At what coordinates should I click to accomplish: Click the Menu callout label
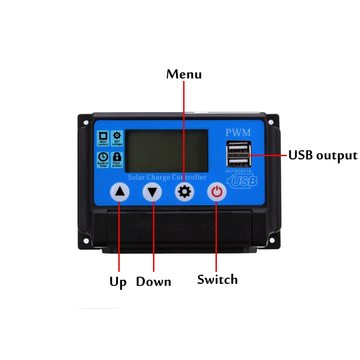pos(184,74)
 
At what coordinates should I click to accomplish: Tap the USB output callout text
pos(323,156)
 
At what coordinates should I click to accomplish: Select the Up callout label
pos(118,282)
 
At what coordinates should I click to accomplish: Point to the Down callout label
pos(153,282)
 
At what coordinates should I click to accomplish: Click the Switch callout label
pos(217,279)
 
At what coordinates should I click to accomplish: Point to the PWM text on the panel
pos(238,133)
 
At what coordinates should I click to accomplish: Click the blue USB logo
pos(243,181)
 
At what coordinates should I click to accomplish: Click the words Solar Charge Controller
pos(167,177)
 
